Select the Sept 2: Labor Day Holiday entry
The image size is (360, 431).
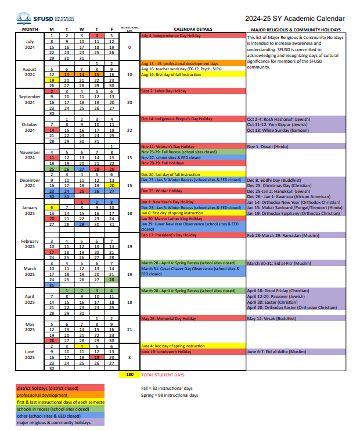coord(164,91)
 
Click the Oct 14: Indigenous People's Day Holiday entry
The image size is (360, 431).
coord(177,119)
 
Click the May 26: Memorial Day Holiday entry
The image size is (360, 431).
coord(168,318)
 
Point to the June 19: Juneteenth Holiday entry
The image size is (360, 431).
coord(167,351)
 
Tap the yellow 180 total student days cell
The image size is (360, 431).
coord(129,375)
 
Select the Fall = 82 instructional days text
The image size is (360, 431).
coord(167,388)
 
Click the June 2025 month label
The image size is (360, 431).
coord(30,354)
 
